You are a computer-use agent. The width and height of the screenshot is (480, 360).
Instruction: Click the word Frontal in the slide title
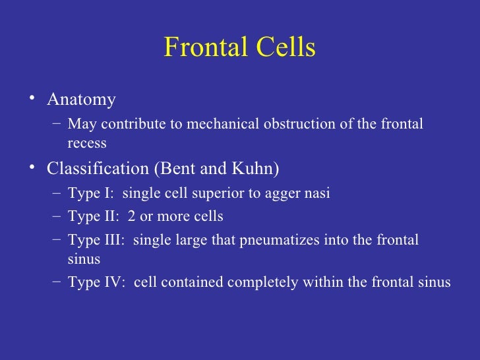pos(201,48)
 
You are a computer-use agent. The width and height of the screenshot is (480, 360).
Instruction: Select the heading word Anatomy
pos(81,100)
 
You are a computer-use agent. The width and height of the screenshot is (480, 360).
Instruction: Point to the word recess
pos(87,143)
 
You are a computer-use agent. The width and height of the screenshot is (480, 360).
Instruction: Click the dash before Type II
pos(55,216)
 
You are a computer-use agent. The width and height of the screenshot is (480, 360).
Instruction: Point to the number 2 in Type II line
pos(134,217)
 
